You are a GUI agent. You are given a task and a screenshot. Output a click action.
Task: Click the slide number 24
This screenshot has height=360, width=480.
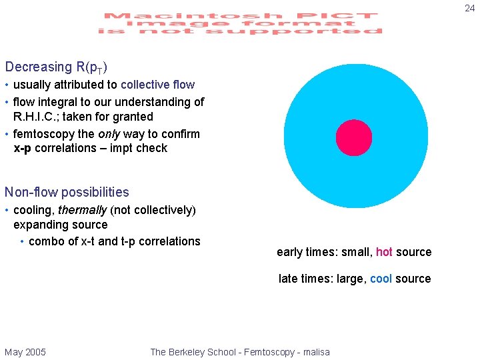pyautogui.click(x=469, y=8)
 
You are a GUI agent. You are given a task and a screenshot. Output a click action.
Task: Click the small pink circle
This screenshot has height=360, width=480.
pyautogui.click(x=354, y=137)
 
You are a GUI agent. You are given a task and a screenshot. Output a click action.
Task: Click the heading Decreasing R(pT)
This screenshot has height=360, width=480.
pyautogui.click(x=57, y=67)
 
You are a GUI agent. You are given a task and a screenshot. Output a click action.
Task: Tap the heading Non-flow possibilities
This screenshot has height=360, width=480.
pyautogui.click(x=67, y=192)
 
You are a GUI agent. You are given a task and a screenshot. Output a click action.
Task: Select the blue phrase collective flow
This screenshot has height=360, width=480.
pyautogui.click(x=157, y=85)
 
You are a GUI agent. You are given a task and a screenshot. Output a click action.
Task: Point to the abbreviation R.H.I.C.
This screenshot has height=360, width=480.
pyautogui.click(x=41, y=117)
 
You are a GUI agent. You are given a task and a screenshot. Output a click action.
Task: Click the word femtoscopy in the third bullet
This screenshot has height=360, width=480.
pyautogui.click(x=43, y=134)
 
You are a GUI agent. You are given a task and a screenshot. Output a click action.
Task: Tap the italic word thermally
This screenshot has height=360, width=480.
pyautogui.click(x=82, y=210)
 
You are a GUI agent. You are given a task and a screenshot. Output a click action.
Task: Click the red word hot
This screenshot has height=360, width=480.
pyautogui.click(x=384, y=252)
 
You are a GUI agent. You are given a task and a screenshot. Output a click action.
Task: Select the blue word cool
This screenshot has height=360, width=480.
pyautogui.click(x=381, y=279)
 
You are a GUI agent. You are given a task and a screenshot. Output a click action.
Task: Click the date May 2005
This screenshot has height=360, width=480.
pyautogui.click(x=25, y=352)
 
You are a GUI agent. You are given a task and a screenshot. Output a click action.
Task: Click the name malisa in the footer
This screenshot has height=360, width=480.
pyautogui.click(x=315, y=352)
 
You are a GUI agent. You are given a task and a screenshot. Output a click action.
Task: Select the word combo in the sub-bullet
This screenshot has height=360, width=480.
pyautogui.click(x=44, y=241)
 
